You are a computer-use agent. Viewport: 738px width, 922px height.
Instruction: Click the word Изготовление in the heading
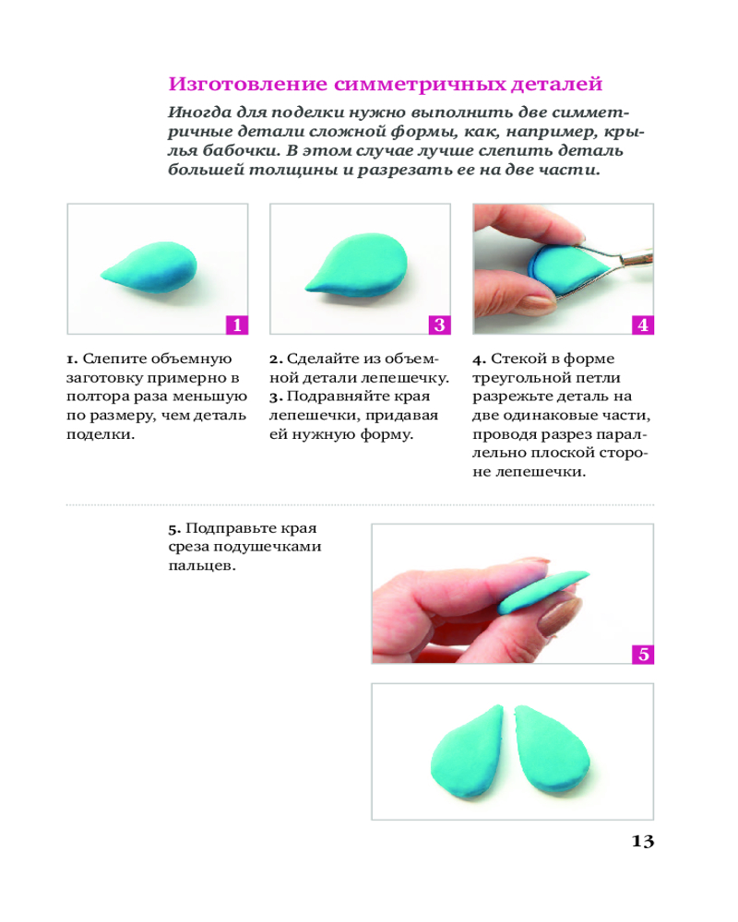point(248,84)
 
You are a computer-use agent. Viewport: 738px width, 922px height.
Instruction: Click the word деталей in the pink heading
point(556,85)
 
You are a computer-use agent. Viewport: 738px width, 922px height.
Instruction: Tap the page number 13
point(643,842)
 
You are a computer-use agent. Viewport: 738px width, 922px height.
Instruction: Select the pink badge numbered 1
point(237,325)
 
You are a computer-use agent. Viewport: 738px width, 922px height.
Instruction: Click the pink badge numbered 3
point(440,325)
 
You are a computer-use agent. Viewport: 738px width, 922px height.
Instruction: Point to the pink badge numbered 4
point(643,325)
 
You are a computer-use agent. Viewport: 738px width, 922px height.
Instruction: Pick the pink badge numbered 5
point(643,654)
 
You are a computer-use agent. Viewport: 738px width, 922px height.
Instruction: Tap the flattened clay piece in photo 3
point(357,264)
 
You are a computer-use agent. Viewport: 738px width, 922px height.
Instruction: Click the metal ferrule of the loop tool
point(636,257)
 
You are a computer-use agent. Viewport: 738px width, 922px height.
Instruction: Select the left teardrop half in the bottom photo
point(468,751)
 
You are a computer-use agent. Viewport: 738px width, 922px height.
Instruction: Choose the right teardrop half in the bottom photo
point(552,751)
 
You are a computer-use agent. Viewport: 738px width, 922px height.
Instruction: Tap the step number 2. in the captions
point(276,359)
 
